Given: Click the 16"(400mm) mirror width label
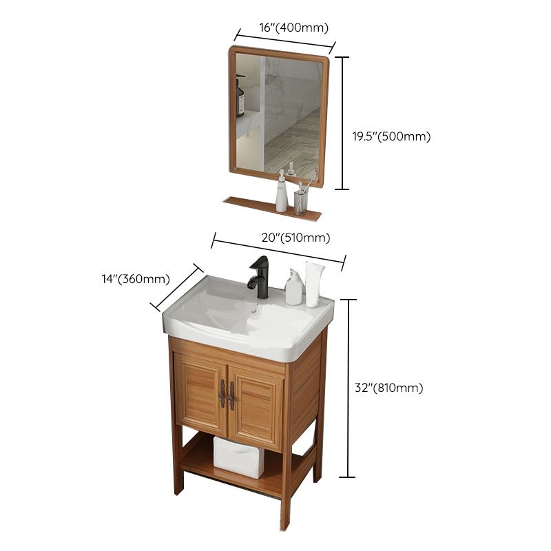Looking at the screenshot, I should click(x=293, y=28).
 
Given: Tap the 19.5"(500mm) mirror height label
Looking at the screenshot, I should click(x=391, y=136).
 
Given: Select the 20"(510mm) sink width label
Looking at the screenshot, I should click(x=296, y=238).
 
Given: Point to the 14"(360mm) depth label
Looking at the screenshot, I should click(x=135, y=279).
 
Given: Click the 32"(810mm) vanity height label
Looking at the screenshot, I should click(x=388, y=388).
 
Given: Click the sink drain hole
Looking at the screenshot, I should click(x=256, y=311).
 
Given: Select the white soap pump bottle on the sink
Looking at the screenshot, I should click(x=293, y=289).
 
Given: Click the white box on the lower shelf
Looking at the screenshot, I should click(x=238, y=456).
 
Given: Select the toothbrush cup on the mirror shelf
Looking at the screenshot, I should click(x=300, y=201).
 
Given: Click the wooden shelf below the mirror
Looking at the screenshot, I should click(x=272, y=207).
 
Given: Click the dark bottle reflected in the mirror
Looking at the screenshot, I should click(x=240, y=98).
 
